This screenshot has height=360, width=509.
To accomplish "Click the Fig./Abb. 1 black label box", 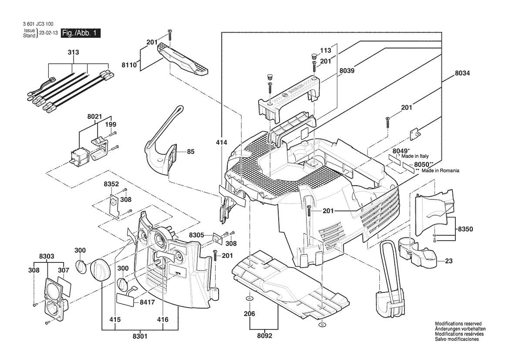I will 81,33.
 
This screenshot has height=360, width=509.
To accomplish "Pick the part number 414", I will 222,142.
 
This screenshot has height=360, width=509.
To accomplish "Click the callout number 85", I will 191,152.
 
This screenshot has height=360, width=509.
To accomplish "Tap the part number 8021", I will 94,116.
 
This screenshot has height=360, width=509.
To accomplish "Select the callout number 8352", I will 111,184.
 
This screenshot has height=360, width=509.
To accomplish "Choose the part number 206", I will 249,313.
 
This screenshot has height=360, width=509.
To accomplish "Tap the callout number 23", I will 449,262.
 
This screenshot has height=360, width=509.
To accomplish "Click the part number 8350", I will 465,229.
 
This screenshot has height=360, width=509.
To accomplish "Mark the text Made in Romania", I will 440,170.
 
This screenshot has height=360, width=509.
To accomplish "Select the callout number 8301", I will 140,336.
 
